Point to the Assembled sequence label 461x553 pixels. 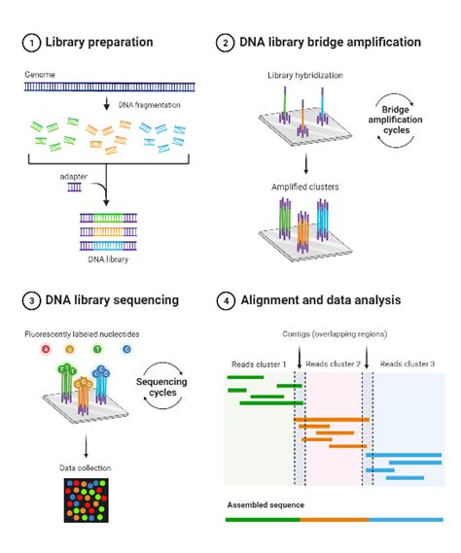coord(265,504)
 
